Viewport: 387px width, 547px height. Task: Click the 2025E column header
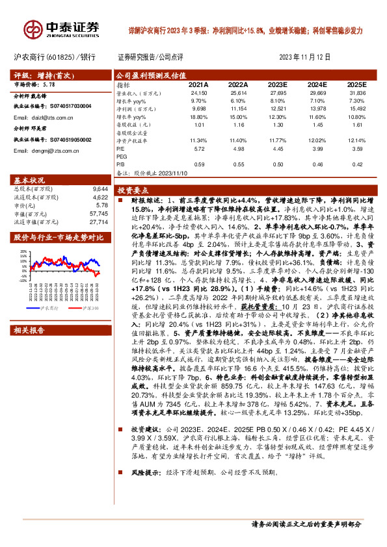[356, 85]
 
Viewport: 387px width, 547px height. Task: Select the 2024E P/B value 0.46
[316, 164]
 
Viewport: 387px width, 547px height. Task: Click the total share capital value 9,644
[97, 189]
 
